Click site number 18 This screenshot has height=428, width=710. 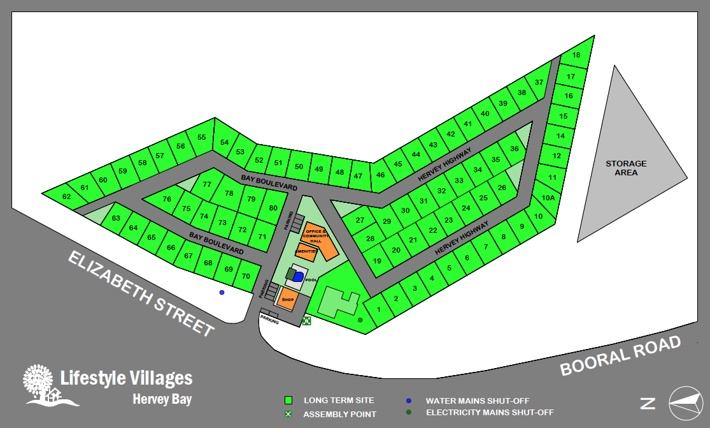pyautogui.click(x=576, y=55)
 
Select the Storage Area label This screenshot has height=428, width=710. pyautogui.click(x=626, y=168)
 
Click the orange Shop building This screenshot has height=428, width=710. pyautogui.click(x=287, y=299)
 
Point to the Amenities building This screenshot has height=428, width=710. pyautogui.click(x=306, y=252)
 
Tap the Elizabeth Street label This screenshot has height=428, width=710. pyautogui.click(x=140, y=293)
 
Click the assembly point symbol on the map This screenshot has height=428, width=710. pyautogui.click(x=306, y=321)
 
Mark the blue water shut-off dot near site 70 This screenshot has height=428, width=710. pyautogui.click(x=222, y=292)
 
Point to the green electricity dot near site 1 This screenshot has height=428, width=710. pyautogui.click(x=360, y=320)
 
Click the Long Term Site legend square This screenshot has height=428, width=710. pyautogui.click(x=288, y=401)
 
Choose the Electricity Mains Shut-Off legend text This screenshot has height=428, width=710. pyautogui.click(x=490, y=412)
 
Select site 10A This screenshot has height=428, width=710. pyautogui.click(x=548, y=198)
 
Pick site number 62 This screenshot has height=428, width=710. pyautogui.click(x=67, y=196)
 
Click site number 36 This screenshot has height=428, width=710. pyautogui.click(x=515, y=149)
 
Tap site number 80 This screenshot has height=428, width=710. pyautogui.click(x=273, y=209)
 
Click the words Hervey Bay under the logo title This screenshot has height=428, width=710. pyautogui.click(x=162, y=400)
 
